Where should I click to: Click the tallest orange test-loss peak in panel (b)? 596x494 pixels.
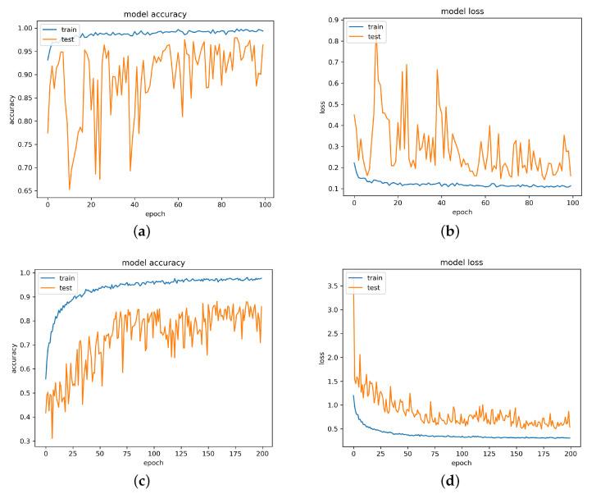pos(376,37)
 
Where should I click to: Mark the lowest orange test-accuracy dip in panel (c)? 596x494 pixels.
pos(52,437)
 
